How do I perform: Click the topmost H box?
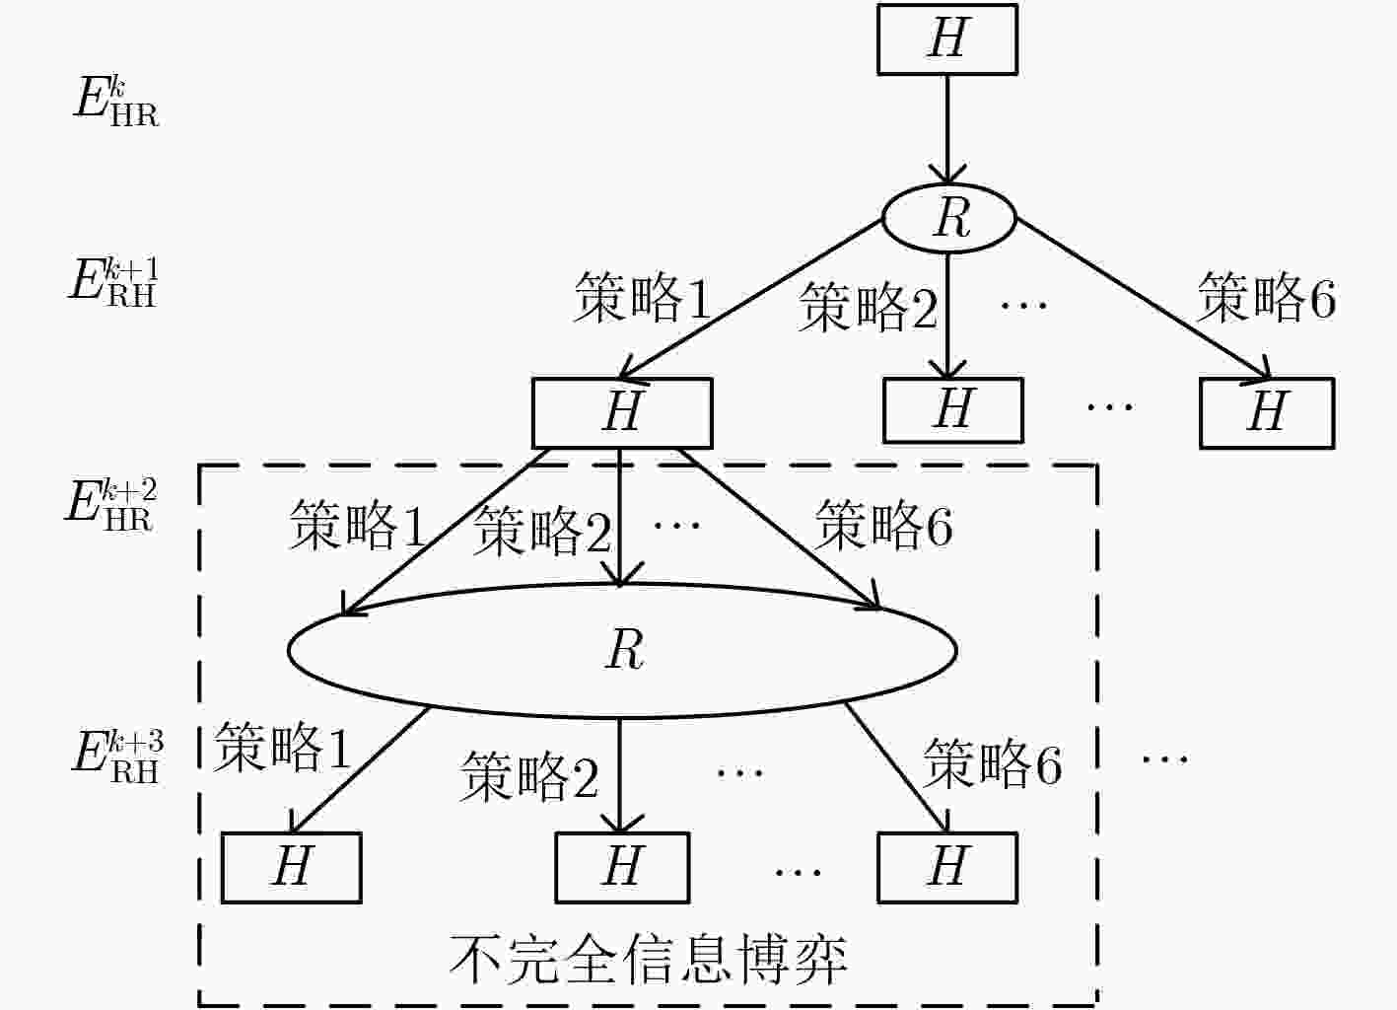947,39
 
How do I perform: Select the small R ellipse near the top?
949,218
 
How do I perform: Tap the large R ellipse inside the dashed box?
622,651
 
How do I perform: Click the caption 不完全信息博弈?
649,960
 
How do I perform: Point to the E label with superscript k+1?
112,281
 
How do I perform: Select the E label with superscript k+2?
111,505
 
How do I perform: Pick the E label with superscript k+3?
118,757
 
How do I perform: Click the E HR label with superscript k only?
115,102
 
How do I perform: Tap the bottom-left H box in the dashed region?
291,867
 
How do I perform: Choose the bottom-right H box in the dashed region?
947,867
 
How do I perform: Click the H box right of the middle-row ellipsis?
1267,412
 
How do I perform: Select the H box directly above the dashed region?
622,412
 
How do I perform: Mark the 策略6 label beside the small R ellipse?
1266,298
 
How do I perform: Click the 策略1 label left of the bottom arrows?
282,748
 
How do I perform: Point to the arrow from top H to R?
947,129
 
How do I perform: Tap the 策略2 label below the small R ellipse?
869,307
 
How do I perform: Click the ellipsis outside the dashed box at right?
1164,759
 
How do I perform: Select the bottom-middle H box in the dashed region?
622,867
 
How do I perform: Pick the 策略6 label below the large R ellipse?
992,763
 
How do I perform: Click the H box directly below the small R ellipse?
953,410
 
